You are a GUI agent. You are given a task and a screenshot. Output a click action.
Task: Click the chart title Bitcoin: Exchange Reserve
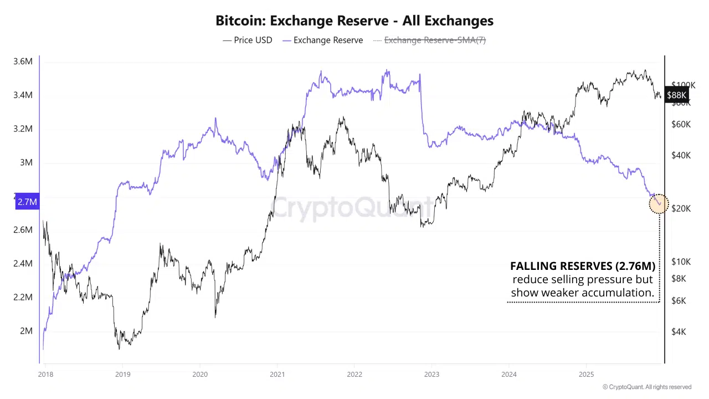354,21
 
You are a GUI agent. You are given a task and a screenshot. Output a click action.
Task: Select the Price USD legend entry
248,40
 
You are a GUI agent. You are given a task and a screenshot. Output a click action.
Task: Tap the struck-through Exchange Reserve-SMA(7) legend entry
429,40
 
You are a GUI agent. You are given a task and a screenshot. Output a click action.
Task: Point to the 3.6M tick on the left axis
23,62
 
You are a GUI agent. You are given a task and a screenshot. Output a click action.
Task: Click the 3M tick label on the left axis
26,162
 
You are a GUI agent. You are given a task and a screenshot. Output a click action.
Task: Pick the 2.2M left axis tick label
23,297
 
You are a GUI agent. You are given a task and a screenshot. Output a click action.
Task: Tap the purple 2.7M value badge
27,202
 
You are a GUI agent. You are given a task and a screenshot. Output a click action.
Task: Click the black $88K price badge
676,95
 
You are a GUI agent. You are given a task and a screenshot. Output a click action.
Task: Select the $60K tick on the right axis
681,124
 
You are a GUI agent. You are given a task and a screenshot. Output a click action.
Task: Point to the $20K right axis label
681,208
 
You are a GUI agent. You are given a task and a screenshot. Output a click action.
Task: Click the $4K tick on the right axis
679,331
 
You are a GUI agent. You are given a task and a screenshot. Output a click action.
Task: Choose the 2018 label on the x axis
45,374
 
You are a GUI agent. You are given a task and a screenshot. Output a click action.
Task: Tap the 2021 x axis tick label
277,374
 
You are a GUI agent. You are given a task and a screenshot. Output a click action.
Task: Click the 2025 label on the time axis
586,374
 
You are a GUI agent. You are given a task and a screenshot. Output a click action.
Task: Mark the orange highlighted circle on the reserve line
659,203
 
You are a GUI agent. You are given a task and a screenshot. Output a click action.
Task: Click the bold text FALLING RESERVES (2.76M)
583,266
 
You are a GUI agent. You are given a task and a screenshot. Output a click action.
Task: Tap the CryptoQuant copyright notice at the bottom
647,387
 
